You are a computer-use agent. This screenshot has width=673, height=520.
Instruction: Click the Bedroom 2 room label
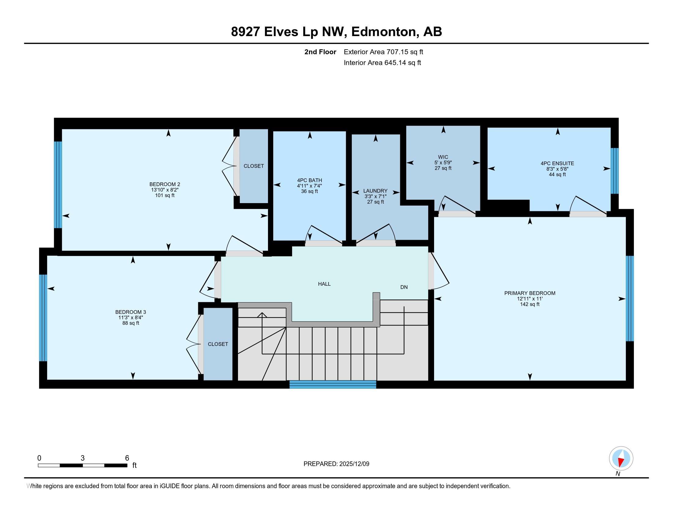tap(165, 184)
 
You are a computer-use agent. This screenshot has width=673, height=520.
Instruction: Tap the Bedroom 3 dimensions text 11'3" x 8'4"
tap(131, 318)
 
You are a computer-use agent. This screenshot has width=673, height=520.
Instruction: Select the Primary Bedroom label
tap(530, 293)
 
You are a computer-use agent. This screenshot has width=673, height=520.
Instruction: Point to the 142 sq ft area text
tap(530, 304)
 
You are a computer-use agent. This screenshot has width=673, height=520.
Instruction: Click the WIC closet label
tap(443, 157)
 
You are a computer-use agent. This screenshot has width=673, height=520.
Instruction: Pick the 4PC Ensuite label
tap(557, 164)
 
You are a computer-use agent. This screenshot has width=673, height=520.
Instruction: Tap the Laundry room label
tap(375, 191)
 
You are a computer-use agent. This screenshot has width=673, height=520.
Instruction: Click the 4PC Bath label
tap(309, 180)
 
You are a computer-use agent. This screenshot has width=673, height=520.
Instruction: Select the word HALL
tap(324, 284)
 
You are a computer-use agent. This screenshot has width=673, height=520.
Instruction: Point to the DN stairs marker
tap(404, 287)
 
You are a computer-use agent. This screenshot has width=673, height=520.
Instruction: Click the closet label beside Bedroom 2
tap(254, 166)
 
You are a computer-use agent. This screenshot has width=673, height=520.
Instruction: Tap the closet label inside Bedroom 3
tap(218, 344)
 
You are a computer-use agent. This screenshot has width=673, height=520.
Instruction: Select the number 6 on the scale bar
tap(127, 458)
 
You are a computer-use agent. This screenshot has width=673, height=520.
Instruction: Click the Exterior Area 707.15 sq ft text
tap(383, 52)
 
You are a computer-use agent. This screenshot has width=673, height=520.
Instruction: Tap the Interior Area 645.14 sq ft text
tap(382, 63)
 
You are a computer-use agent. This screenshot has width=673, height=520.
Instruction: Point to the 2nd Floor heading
tap(320, 52)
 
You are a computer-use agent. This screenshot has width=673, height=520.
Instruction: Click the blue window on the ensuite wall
tap(615, 171)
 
